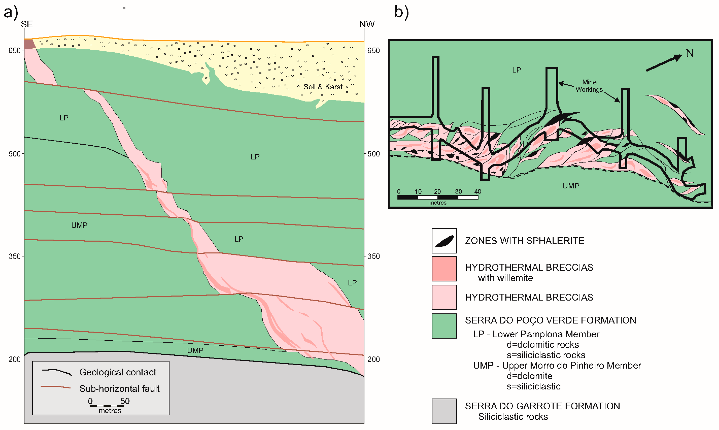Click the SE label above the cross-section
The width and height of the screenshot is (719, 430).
[27, 24]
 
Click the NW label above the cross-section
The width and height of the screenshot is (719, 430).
[367, 24]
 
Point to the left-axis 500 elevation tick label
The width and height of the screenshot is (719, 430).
[14, 154]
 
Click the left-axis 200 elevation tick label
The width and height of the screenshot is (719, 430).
[14, 359]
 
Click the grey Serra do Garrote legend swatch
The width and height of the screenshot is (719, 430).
[444, 411]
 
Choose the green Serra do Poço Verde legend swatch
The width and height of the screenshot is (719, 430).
[444, 326]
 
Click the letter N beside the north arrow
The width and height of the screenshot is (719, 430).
[690, 53]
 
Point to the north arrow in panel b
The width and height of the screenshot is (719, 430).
[664, 63]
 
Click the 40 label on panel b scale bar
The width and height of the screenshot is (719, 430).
[478, 192]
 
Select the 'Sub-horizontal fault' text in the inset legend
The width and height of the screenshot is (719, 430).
[119, 389]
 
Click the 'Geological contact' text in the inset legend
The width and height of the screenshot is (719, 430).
[118, 372]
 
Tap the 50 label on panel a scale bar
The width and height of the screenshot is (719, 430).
[125, 401]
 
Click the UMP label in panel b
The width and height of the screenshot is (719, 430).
[571, 186]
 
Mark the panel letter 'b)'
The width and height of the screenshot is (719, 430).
[401, 13]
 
